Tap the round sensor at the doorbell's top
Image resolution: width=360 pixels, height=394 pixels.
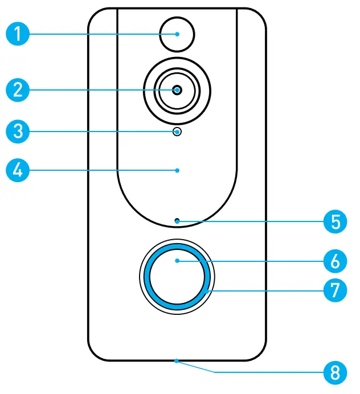(177, 34)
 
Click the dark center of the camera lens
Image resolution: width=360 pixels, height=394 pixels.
(177, 90)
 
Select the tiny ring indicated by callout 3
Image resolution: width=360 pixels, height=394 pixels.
(178, 132)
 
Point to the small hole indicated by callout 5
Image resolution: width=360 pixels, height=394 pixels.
(177, 220)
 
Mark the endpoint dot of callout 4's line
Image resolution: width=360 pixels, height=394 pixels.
(177, 170)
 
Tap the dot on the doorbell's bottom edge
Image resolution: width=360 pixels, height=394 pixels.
(177, 360)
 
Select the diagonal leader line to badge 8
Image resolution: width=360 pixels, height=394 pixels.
(197, 367)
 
